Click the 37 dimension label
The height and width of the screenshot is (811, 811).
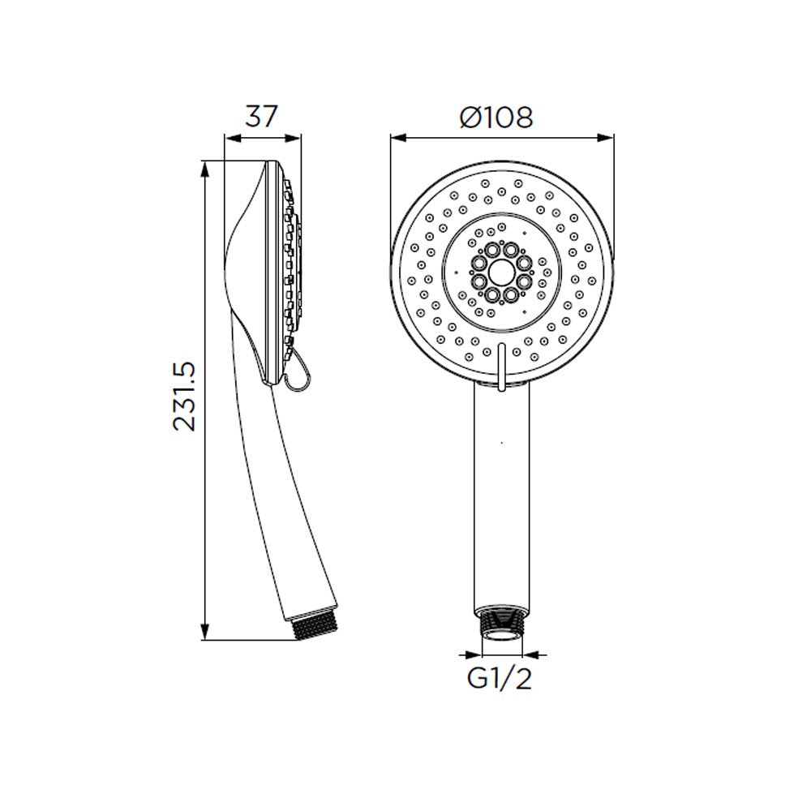tap(261, 116)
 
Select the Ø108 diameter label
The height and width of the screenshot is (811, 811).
tap(496, 118)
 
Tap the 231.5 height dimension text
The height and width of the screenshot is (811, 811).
tap(185, 396)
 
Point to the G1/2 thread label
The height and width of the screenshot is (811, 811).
tap(499, 679)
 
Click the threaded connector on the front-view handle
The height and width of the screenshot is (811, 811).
tap(501, 624)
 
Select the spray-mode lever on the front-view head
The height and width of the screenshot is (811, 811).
tap(500, 367)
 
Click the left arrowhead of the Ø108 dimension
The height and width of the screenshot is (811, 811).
tap(398, 138)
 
